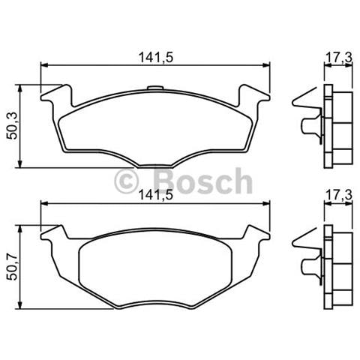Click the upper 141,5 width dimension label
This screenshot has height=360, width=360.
coord(153,54)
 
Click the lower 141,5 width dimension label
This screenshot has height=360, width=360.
coord(153,194)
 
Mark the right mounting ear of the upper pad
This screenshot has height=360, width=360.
coord(253,97)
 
